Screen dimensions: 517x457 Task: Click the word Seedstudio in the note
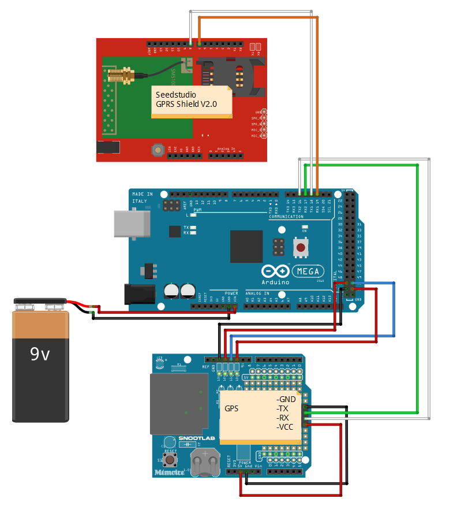point(176,95)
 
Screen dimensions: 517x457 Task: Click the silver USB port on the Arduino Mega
point(132,223)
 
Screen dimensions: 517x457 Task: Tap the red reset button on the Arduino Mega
point(300,248)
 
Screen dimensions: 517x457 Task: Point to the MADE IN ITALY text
point(143,198)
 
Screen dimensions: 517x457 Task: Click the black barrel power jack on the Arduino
point(139,293)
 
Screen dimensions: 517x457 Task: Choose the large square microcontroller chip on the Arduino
point(246,247)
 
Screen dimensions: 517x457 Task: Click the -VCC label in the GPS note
point(286,426)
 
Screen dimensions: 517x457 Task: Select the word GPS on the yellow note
point(231,408)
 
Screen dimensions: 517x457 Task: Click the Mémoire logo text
point(168,472)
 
